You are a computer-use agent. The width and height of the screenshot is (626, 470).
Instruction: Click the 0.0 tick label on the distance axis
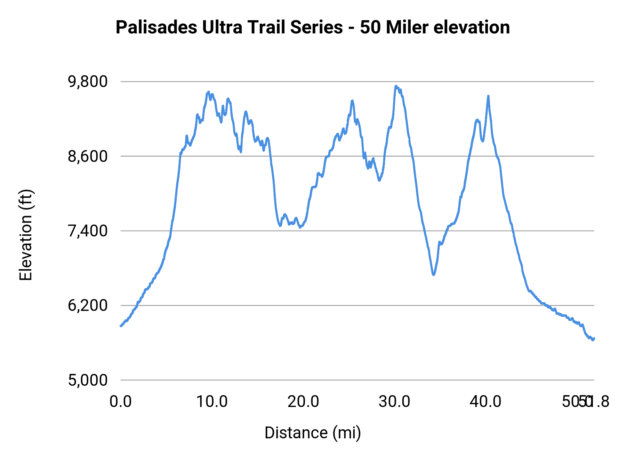click(120, 402)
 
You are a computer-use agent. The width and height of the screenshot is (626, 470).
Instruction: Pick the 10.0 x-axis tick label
click(212, 402)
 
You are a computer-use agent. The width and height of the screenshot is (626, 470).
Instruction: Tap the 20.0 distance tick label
click(303, 402)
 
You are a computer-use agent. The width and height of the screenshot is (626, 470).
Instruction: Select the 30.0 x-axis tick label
click(394, 402)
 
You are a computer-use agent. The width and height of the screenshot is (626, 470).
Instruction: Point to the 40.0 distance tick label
click(485, 402)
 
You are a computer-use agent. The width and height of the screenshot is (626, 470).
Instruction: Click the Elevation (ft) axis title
click(26, 235)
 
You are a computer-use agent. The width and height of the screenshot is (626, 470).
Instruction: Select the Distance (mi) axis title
click(313, 433)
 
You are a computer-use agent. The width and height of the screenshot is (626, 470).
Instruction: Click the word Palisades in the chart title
click(156, 28)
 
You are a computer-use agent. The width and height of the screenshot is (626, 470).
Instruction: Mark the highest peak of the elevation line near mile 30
click(396, 86)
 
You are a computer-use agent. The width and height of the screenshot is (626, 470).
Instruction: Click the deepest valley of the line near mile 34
click(433, 275)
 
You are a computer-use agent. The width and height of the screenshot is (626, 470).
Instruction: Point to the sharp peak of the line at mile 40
click(488, 96)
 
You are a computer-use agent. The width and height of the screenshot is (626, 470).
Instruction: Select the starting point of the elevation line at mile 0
click(121, 326)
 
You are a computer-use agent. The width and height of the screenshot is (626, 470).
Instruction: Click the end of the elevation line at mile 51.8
click(594, 338)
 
